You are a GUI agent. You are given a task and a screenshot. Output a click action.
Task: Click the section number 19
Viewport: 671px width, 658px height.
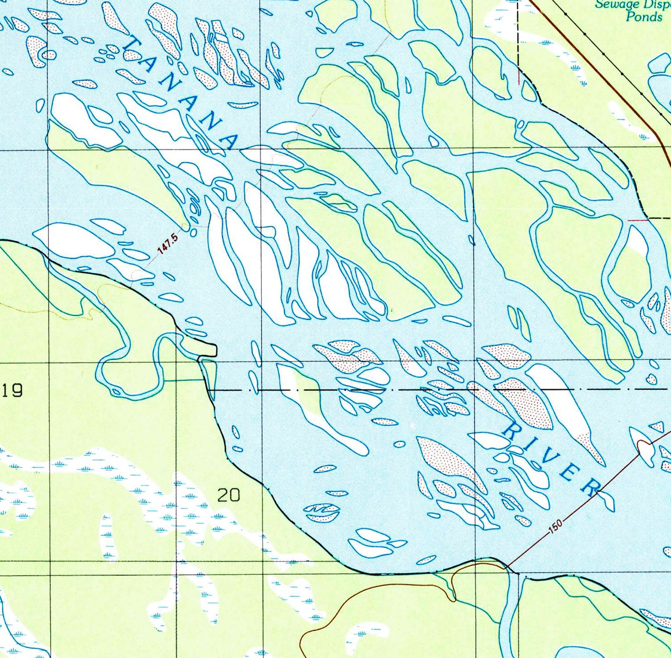point(12,390)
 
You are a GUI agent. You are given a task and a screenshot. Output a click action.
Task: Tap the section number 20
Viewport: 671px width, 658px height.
point(229,495)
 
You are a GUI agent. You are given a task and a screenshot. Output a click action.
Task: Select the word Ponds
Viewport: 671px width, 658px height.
point(644,17)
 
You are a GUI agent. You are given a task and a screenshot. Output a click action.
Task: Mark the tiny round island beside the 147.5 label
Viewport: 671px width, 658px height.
point(193,232)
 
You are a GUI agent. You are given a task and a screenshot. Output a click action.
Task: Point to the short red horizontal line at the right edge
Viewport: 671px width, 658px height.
point(638,220)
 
